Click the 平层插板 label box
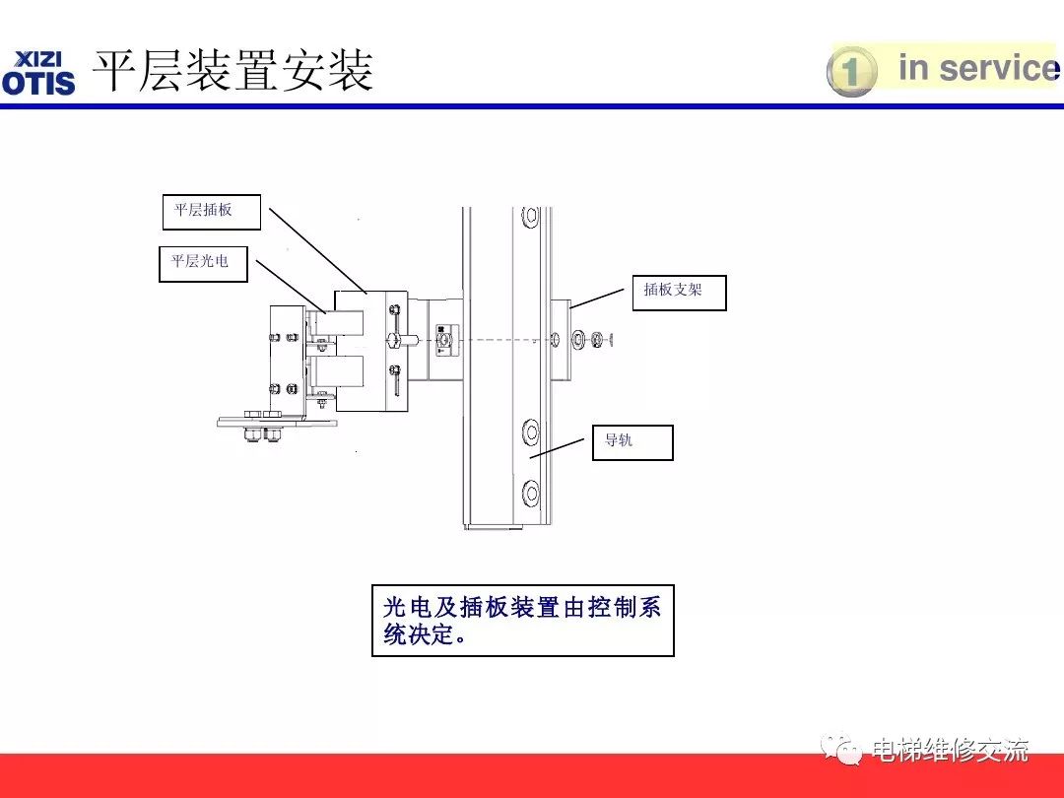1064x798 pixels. (x=211, y=212)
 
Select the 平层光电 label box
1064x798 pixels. (x=203, y=263)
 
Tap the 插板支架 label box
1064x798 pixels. (x=679, y=292)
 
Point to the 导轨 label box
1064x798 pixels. (x=632, y=442)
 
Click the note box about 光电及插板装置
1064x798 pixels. (x=522, y=621)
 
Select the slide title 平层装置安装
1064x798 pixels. (x=233, y=72)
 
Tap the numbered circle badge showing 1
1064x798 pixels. (x=850, y=72)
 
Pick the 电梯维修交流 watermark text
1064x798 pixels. (x=950, y=750)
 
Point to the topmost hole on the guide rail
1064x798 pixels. (x=531, y=215)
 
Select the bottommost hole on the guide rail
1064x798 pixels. (x=531, y=492)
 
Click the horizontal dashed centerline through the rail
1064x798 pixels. (x=502, y=340)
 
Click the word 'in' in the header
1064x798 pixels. (x=913, y=68)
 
